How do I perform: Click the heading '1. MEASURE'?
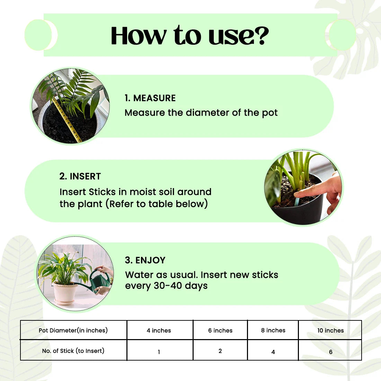coord(150,98)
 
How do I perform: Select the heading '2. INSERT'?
coord(80,176)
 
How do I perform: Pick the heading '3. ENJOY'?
coord(145,260)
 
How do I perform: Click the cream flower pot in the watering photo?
coord(65,293)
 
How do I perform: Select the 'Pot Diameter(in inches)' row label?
coord(73,330)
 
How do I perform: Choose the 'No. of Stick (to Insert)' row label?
coord(73,351)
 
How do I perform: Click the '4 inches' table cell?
coord(159,331)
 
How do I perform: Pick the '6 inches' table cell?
coord(220,331)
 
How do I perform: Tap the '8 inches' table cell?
coord(273,330)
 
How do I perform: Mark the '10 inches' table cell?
coord(330,331)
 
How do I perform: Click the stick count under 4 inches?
coord(159,352)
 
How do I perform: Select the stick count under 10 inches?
coord(331,352)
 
